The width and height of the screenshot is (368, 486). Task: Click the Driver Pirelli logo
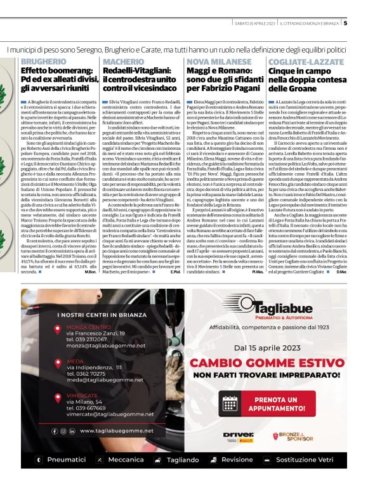point(239,453)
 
